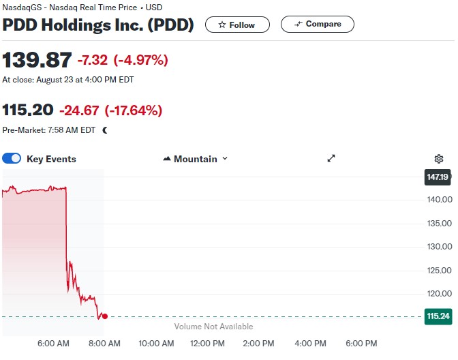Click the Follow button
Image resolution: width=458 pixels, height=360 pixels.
pyautogui.click(x=236, y=25)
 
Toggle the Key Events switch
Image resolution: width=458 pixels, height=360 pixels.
pyautogui.click(x=12, y=159)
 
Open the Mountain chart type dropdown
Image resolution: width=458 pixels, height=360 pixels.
pyautogui.click(x=196, y=159)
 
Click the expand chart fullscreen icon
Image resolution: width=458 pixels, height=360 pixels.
pyautogui.click(x=331, y=158)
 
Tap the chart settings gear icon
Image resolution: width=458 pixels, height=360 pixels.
pyautogui.click(x=439, y=159)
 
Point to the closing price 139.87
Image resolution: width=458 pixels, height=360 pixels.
pyautogui.click(x=37, y=60)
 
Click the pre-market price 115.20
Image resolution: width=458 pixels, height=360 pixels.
pyautogui.click(x=28, y=110)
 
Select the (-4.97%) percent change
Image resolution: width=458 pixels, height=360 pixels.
pyautogui.click(x=140, y=60)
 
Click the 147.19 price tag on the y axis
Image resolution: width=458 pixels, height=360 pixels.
pyautogui.click(x=437, y=177)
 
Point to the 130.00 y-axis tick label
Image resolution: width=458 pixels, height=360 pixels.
pyautogui.click(x=439, y=247)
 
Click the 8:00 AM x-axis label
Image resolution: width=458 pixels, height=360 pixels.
pyautogui.click(x=104, y=343)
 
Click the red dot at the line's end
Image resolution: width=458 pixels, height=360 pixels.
pyautogui.click(x=104, y=316)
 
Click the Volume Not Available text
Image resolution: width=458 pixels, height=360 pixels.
pyautogui.click(x=213, y=327)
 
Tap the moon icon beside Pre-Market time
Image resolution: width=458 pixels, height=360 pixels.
pyautogui.click(x=105, y=130)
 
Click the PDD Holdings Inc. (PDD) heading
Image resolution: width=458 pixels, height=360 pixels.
pyautogui.click(x=98, y=25)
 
